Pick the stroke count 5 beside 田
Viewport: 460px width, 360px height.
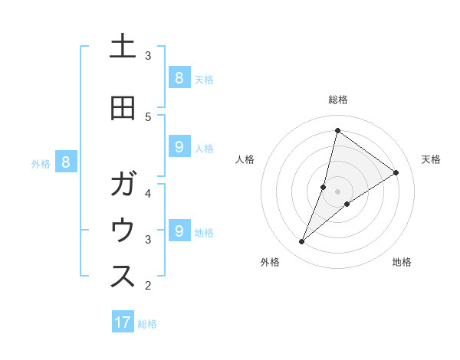(x=148, y=116)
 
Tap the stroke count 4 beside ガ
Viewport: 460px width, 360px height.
(x=148, y=193)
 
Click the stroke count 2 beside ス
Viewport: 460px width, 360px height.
(x=148, y=286)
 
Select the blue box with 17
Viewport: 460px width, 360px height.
(x=123, y=322)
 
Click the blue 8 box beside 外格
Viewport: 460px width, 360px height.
(x=66, y=162)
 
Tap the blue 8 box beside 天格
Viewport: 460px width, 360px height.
(x=179, y=77)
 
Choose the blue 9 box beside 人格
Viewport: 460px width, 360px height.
(x=179, y=147)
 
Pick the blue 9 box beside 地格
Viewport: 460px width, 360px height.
(x=179, y=231)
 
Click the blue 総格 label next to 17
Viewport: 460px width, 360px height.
(x=147, y=324)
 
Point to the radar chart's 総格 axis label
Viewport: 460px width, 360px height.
(x=337, y=100)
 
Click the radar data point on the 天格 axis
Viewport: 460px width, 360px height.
(x=396, y=172)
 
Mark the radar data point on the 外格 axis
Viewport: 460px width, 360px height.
(x=302, y=242)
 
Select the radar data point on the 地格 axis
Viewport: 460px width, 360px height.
(x=347, y=204)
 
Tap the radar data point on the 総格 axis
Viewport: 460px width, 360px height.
(x=337, y=130)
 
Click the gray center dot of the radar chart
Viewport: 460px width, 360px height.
(x=337, y=191)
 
